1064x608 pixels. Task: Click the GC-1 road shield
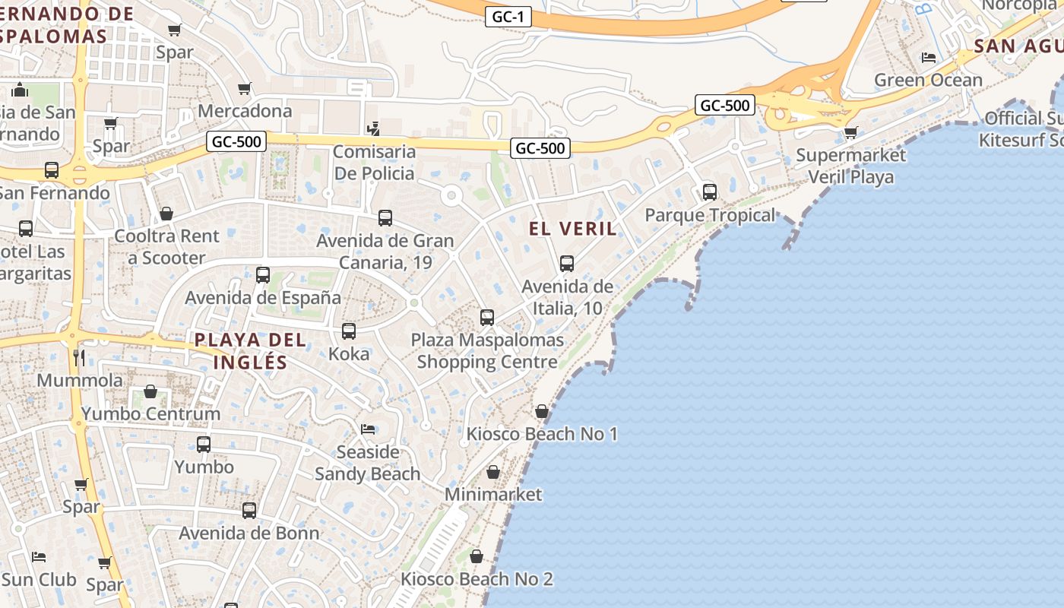click(x=508, y=17)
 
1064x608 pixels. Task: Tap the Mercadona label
click(x=245, y=111)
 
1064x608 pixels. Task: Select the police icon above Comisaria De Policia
click(x=373, y=128)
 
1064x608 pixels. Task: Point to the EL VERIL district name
click(x=573, y=229)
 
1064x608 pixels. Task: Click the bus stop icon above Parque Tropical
click(x=710, y=192)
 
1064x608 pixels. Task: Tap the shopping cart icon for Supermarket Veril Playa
click(x=851, y=133)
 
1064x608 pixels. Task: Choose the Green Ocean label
click(x=928, y=80)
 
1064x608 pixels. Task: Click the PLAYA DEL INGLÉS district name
click(x=251, y=350)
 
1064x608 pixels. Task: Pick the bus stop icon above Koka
click(x=349, y=331)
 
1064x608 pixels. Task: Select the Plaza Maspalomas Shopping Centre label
click(x=487, y=350)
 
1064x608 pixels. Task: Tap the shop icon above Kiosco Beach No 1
click(x=542, y=411)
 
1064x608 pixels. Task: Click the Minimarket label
click(x=493, y=494)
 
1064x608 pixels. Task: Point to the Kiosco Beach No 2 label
click(x=477, y=579)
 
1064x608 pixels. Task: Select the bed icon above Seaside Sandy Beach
click(x=368, y=429)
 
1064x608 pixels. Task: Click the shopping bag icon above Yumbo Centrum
click(x=150, y=392)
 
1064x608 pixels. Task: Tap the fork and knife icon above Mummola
click(x=79, y=357)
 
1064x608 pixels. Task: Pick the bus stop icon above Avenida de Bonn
click(x=249, y=511)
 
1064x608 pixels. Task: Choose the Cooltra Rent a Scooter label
click(x=166, y=247)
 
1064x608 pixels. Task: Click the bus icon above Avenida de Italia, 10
click(x=567, y=264)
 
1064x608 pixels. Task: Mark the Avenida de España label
click(x=263, y=297)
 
